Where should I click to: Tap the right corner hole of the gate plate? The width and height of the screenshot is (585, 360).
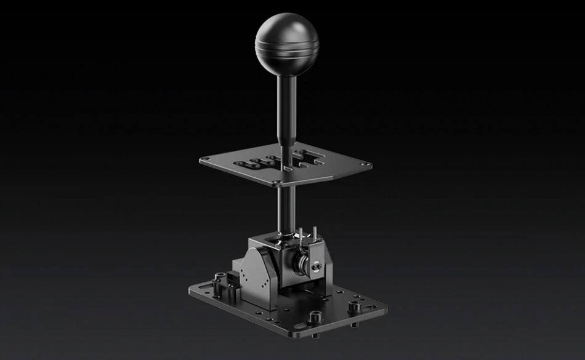367,164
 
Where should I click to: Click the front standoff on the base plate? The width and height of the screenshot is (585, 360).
317,316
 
